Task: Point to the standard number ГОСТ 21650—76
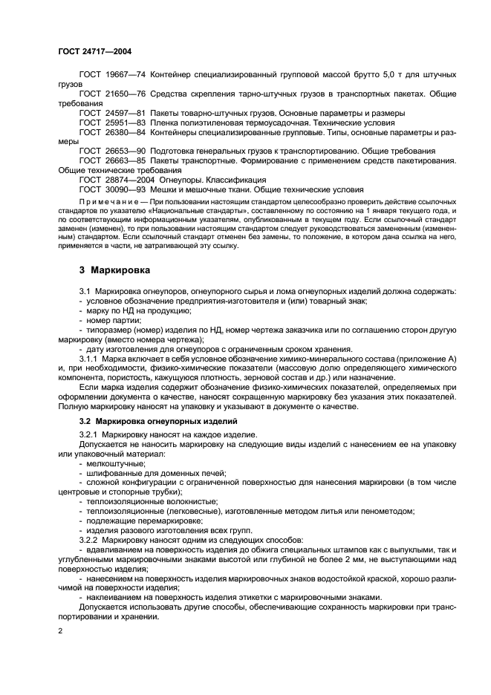(111, 94)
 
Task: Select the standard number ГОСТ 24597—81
(111, 113)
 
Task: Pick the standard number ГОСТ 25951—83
(111, 123)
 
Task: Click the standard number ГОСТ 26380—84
(111, 132)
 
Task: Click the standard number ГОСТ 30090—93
(111, 189)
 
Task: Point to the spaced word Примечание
(105, 202)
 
